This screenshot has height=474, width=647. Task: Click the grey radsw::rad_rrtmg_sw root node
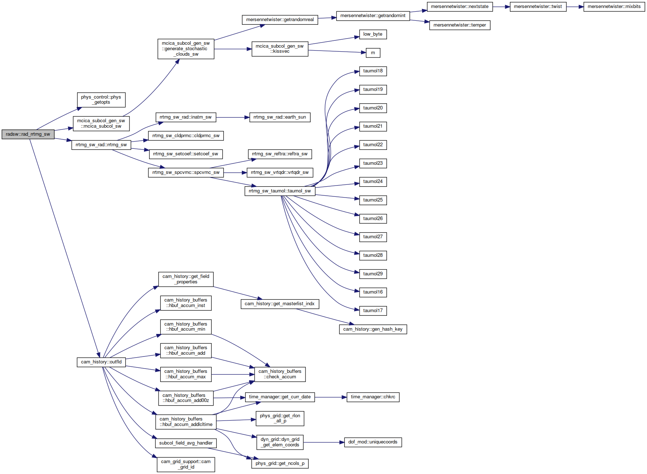28,134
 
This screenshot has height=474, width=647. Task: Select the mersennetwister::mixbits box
614,7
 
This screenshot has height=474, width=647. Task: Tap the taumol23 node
373,163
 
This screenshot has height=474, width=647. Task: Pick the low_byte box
373,34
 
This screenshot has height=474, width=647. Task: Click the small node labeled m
373,53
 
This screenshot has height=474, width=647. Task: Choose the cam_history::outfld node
101,362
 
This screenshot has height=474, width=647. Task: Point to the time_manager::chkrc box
373,397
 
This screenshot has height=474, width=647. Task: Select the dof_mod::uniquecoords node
373,442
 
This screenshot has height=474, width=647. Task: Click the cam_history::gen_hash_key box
373,329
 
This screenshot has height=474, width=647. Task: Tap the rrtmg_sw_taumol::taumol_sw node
280,191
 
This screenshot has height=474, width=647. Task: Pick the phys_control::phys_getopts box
101,100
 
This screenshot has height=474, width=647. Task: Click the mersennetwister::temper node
460,25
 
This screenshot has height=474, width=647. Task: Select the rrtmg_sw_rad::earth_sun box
280,117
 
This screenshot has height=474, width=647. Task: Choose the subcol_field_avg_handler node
186,443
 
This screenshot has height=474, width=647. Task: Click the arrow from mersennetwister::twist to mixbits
575,7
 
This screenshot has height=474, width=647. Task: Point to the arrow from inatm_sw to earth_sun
233,117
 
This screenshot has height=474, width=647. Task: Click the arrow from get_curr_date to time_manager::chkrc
331,397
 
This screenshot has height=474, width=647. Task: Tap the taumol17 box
373,311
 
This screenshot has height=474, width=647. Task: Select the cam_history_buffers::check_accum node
280,374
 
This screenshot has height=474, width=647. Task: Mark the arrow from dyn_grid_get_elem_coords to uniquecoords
324,442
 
